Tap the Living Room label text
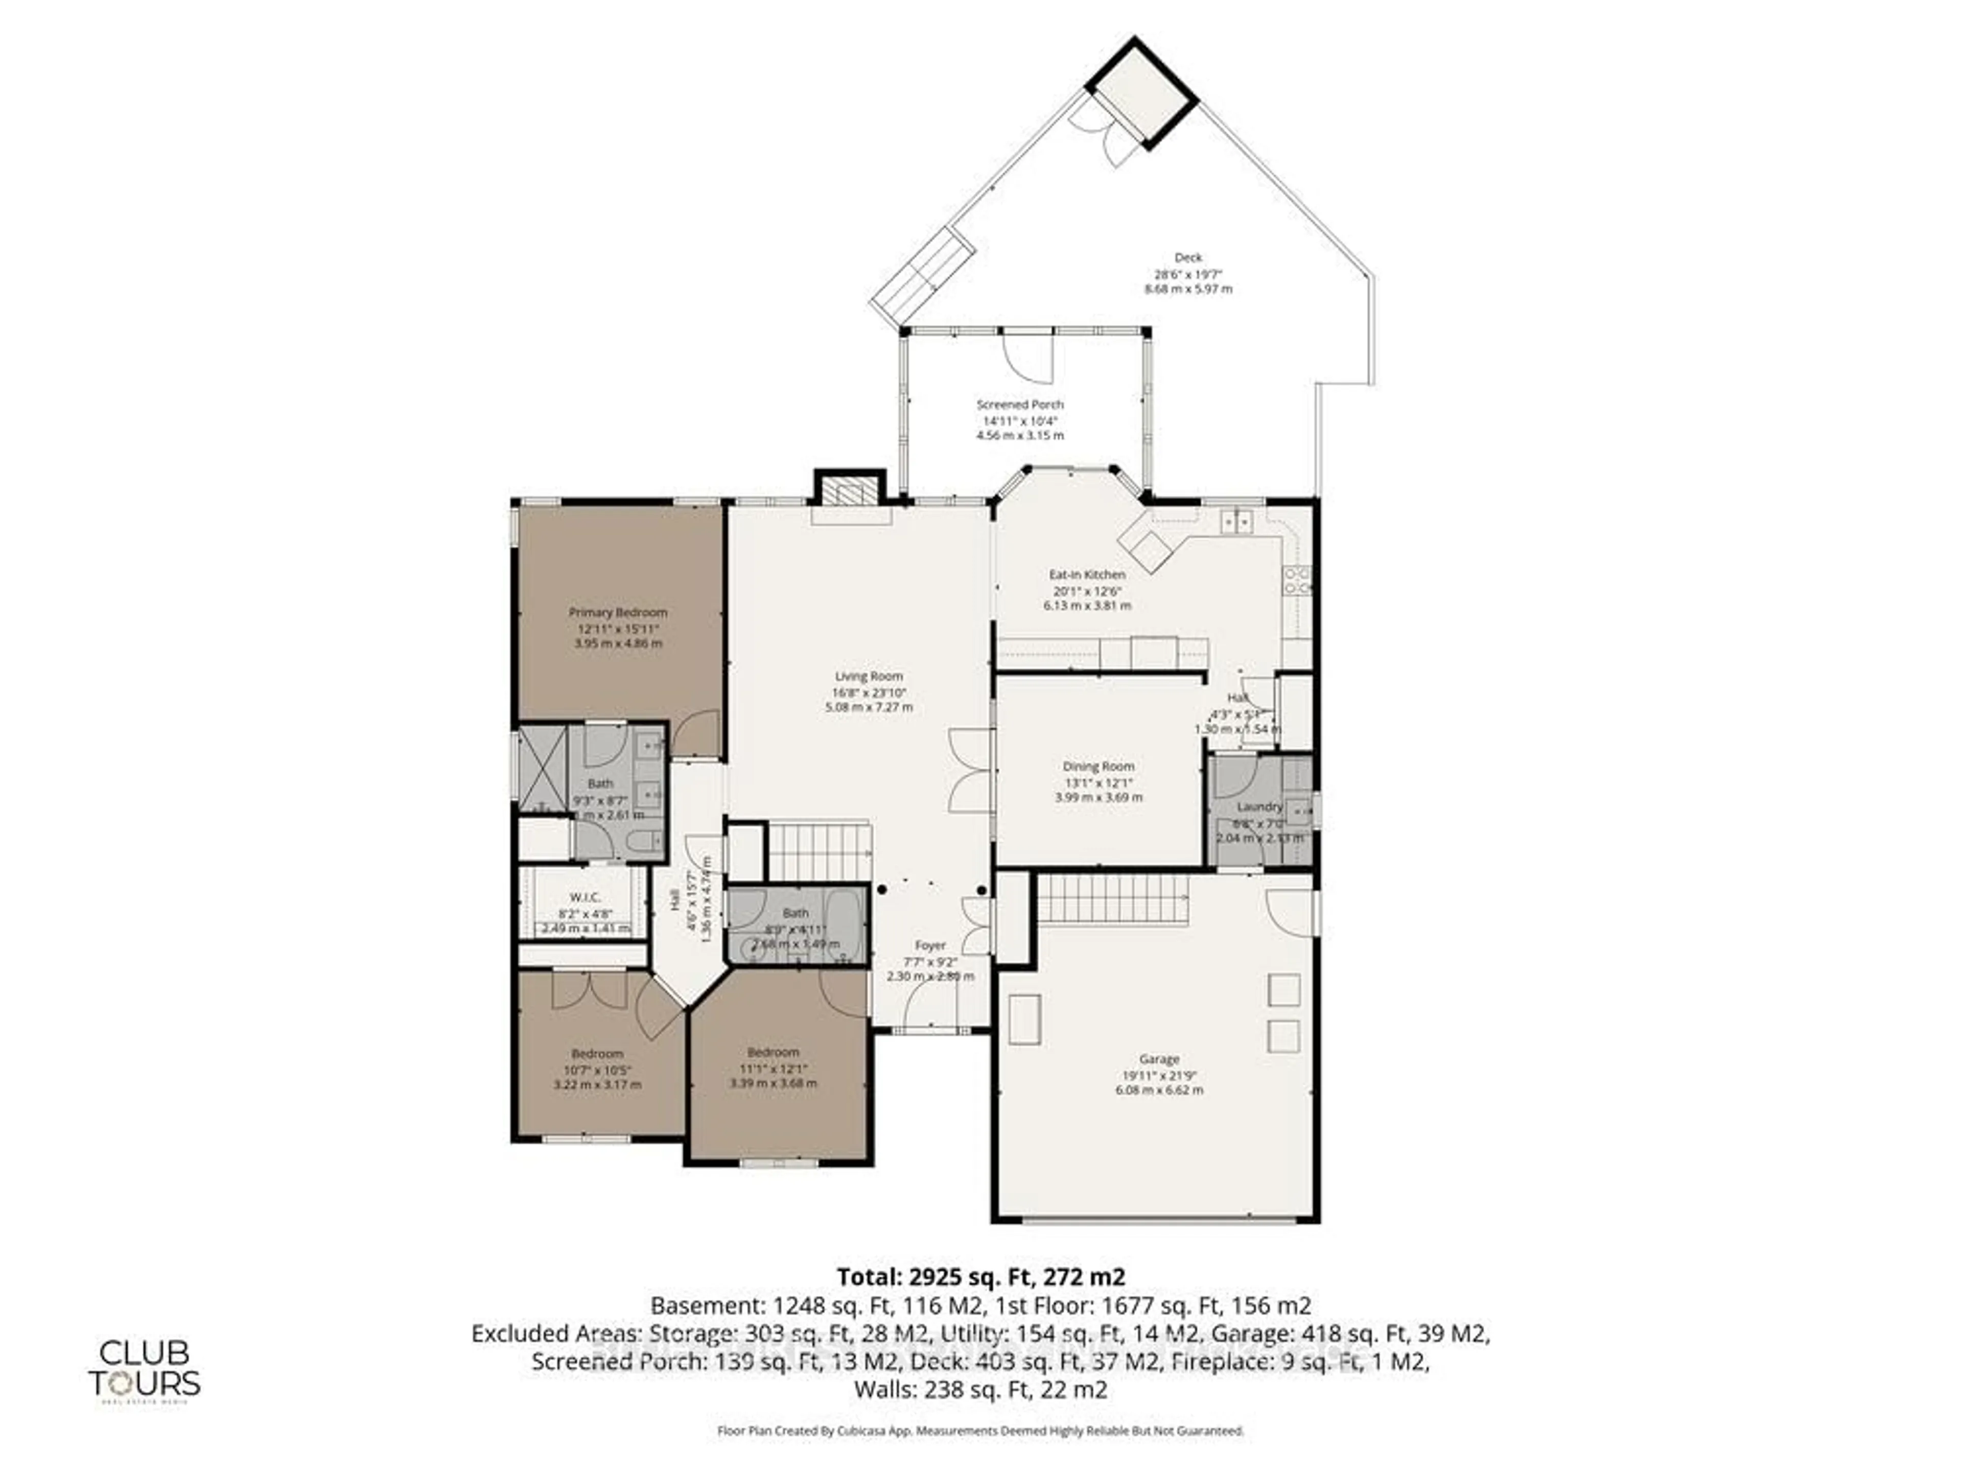pos(869,676)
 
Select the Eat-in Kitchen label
pos(1087,575)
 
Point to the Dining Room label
pos(1098,766)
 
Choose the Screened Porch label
pos(1020,405)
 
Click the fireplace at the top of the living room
pos(850,490)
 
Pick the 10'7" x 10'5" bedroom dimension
pos(597,1070)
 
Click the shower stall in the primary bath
pos(542,768)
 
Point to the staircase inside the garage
pos(1112,899)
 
